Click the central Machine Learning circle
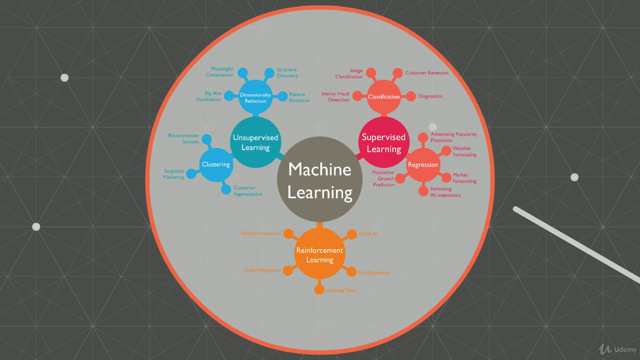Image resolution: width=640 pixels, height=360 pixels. (x=320, y=179)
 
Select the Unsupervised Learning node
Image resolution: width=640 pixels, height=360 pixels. (x=255, y=142)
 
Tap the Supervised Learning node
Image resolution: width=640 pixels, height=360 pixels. (x=384, y=142)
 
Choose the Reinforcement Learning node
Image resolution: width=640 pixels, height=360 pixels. (x=320, y=254)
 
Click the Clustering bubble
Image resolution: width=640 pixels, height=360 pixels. (x=216, y=164)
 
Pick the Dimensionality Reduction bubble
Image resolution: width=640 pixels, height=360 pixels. (x=255, y=97)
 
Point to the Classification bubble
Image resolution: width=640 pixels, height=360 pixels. (x=384, y=96)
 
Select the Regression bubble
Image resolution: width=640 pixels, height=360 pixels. (x=423, y=165)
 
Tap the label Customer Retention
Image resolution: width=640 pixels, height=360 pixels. (x=426, y=73)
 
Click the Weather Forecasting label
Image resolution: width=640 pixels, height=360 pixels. (x=464, y=151)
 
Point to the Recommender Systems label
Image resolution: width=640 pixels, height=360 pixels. (x=183, y=138)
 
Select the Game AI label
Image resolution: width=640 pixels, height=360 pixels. (x=367, y=233)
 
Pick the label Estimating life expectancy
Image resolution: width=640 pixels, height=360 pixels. (x=445, y=192)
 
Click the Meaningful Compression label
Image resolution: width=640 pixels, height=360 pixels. (x=219, y=72)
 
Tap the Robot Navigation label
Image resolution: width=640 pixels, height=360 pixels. (x=262, y=270)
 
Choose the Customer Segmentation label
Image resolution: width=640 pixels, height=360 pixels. (x=248, y=191)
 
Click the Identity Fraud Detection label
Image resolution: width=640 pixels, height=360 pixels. (x=335, y=97)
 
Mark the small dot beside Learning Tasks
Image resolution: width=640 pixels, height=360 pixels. (x=319, y=290)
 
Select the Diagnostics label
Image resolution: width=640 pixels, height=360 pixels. (x=430, y=96)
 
